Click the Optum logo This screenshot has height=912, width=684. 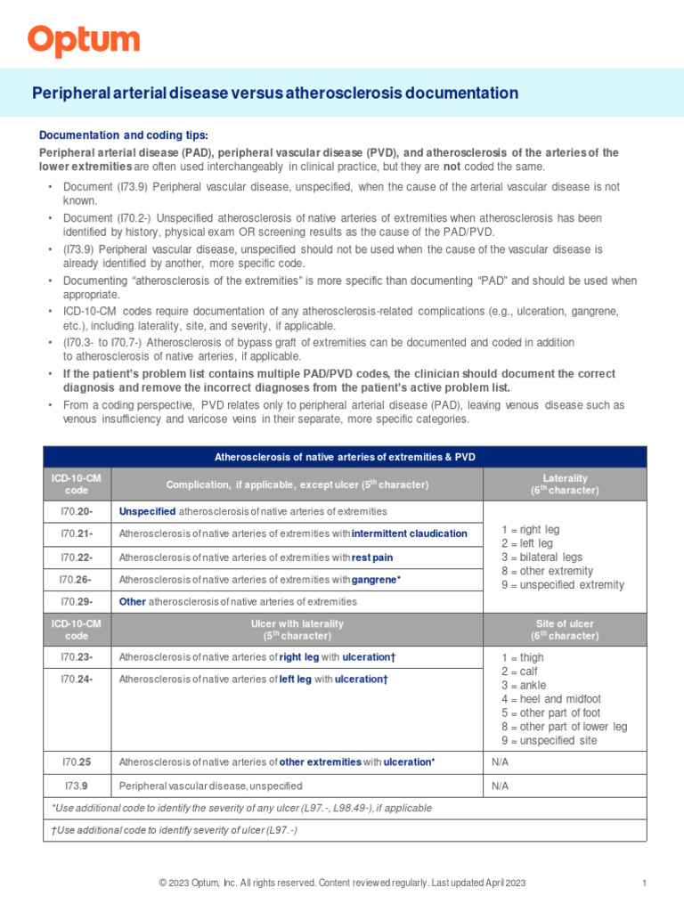pyautogui.click(x=83, y=41)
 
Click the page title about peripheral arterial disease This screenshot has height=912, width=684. pyautogui.click(x=275, y=94)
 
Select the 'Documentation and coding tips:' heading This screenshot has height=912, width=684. pyautogui.click(x=124, y=135)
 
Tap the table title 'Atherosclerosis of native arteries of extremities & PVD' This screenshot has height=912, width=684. pyautogui.click(x=345, y=457)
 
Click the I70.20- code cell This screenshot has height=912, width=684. pyautogui.click(x=77, y=511)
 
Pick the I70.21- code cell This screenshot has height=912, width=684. pyautogui.click(x=77, y=533)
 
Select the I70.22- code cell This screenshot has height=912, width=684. pyautogui.click(x=77, y=558)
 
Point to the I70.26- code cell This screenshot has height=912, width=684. pyautogui.click(x=77, y=580)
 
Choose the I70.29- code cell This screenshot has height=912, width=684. pyautogui.click(x=77, y=602)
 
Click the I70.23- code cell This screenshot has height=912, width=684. pyautogui.click(x=77, y=656)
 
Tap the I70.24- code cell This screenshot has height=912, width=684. pyautogui.click(x=77, y=680)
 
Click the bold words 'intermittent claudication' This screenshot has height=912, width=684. pyautogui.click(x=409, y=533)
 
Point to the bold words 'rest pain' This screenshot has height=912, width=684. pyautogui.click(x=371, y=558)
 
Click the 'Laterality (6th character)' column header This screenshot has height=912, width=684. pyautogui.click(x=565, y=484)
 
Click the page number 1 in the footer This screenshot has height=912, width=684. pyautogui.click(x=643, y=883)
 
